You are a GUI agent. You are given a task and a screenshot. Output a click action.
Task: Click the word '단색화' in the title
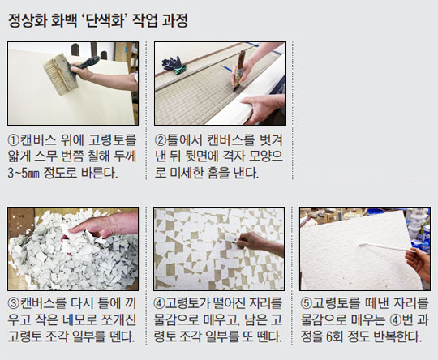coord(105,20)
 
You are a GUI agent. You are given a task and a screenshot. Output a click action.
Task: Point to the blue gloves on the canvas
coord(174,65)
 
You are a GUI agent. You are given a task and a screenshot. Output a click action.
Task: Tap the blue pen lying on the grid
coord(227,68)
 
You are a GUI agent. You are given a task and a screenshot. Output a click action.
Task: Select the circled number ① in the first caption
coord(14,140)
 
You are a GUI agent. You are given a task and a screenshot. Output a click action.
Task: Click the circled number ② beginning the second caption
coord(161,140)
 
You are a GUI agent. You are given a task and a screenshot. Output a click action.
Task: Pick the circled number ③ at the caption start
coord(14,303)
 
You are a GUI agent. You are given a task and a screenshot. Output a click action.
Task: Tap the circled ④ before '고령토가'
coord(159,303)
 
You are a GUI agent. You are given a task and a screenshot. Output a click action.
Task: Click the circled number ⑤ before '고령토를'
coord(306,303)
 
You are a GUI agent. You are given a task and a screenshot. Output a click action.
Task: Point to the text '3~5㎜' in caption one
coord(24,174)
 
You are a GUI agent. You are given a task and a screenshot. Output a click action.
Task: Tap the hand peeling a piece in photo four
coord(259,242)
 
